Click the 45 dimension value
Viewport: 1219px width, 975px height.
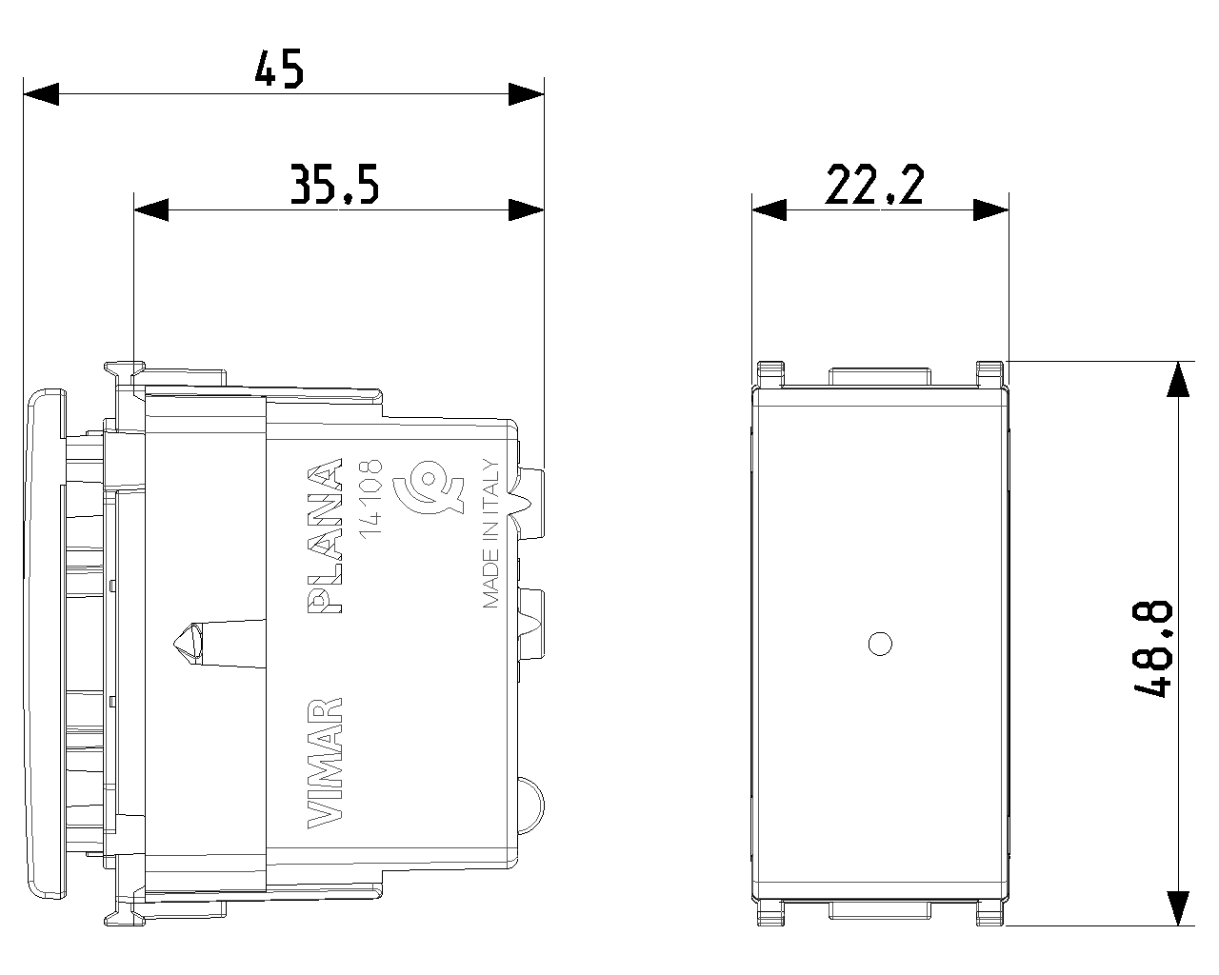click(279, 69)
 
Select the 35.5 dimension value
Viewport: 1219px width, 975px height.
click(334, 184)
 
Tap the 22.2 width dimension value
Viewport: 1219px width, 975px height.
click(875, 184)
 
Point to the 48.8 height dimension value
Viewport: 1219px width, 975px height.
click(1152, 648)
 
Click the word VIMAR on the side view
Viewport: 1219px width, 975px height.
click(325, 763)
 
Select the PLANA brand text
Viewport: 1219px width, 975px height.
click(325, 536)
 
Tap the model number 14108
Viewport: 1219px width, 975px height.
click(371, 499)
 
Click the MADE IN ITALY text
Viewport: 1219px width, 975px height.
click(491, 533)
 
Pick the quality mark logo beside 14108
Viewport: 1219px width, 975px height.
click(429, 487)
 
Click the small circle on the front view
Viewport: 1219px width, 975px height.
click(880, 644)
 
